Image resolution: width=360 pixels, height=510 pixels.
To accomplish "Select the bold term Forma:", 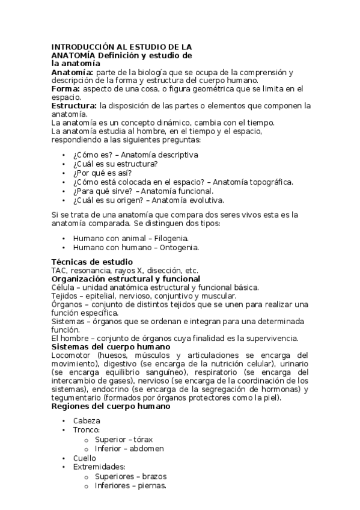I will click(66, 88).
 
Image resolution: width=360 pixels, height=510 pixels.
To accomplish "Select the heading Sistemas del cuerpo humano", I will click(111, 347).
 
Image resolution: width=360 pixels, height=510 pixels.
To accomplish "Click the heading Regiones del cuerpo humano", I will click(111, 406).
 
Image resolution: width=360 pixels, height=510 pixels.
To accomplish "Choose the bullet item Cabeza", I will click(87, 421).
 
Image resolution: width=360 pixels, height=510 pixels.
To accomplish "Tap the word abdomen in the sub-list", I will click(144, 449).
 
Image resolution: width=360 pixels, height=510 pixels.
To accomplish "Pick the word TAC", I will click(59, 271).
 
